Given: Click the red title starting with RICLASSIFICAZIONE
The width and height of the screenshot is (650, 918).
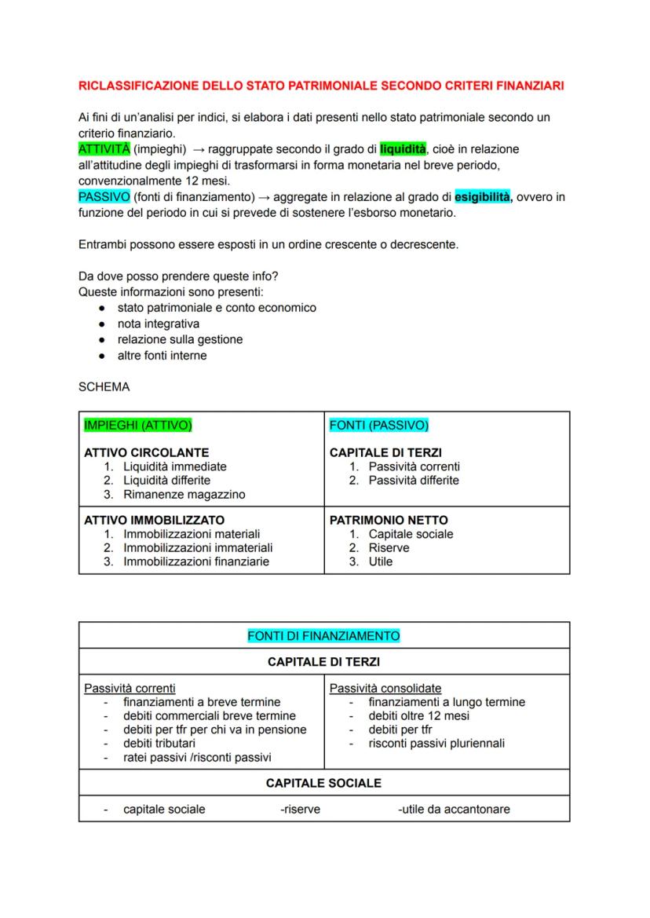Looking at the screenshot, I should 321,86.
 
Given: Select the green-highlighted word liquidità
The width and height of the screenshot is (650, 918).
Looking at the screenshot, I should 403,148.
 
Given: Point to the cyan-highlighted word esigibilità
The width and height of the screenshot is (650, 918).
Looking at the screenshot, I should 482,197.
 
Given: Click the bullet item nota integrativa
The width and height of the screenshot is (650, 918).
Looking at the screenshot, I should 158,324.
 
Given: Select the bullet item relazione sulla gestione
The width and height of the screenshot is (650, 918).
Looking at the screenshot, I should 180,339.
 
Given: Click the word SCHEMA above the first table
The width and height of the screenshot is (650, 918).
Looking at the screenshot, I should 104,387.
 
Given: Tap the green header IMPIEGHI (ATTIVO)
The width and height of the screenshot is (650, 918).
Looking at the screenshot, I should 137,426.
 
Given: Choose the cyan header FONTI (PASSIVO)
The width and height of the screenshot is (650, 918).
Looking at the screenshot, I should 379,426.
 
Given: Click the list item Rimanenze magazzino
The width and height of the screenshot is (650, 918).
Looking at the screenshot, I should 184,494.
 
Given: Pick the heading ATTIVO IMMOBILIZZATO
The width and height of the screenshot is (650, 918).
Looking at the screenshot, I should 154,520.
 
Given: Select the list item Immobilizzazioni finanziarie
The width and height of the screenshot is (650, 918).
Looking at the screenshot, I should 195,561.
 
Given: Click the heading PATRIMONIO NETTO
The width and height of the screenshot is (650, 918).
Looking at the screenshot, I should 389,520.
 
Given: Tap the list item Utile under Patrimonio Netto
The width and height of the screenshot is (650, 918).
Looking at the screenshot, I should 381,561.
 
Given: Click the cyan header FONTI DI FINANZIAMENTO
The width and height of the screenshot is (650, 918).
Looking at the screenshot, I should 323,635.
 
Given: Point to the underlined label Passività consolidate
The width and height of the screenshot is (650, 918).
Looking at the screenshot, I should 385,688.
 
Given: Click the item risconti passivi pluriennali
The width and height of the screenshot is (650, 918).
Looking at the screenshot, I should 436,743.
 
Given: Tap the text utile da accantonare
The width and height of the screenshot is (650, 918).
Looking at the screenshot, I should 454,809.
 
